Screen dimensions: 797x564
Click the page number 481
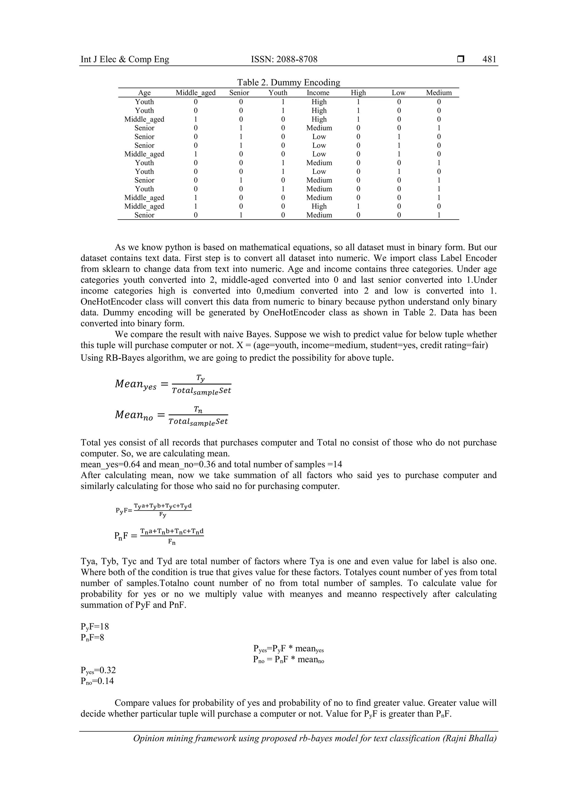click(x=489, y=59)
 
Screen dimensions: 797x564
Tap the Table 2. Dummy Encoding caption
click(x=289, y=82)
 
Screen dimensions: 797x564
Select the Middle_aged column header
click(x=196, y=93)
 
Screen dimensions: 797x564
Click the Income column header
click(x=318, y=93)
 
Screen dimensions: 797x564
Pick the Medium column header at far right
click(x=439, y=93)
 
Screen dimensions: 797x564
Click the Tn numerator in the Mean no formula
click(x=198, y=410)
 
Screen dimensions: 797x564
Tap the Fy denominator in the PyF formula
click(x=162, y=515)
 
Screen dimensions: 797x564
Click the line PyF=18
click(x=94, y=627)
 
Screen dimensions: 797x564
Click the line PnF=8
click(x=92, y=637)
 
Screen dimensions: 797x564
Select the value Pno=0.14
click(x=97, y=681)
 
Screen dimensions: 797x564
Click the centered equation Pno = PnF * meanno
click(x=288, y=660)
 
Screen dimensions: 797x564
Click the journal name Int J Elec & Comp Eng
click(x=125, y=59)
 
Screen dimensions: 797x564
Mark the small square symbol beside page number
click(x=460, y=59)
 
